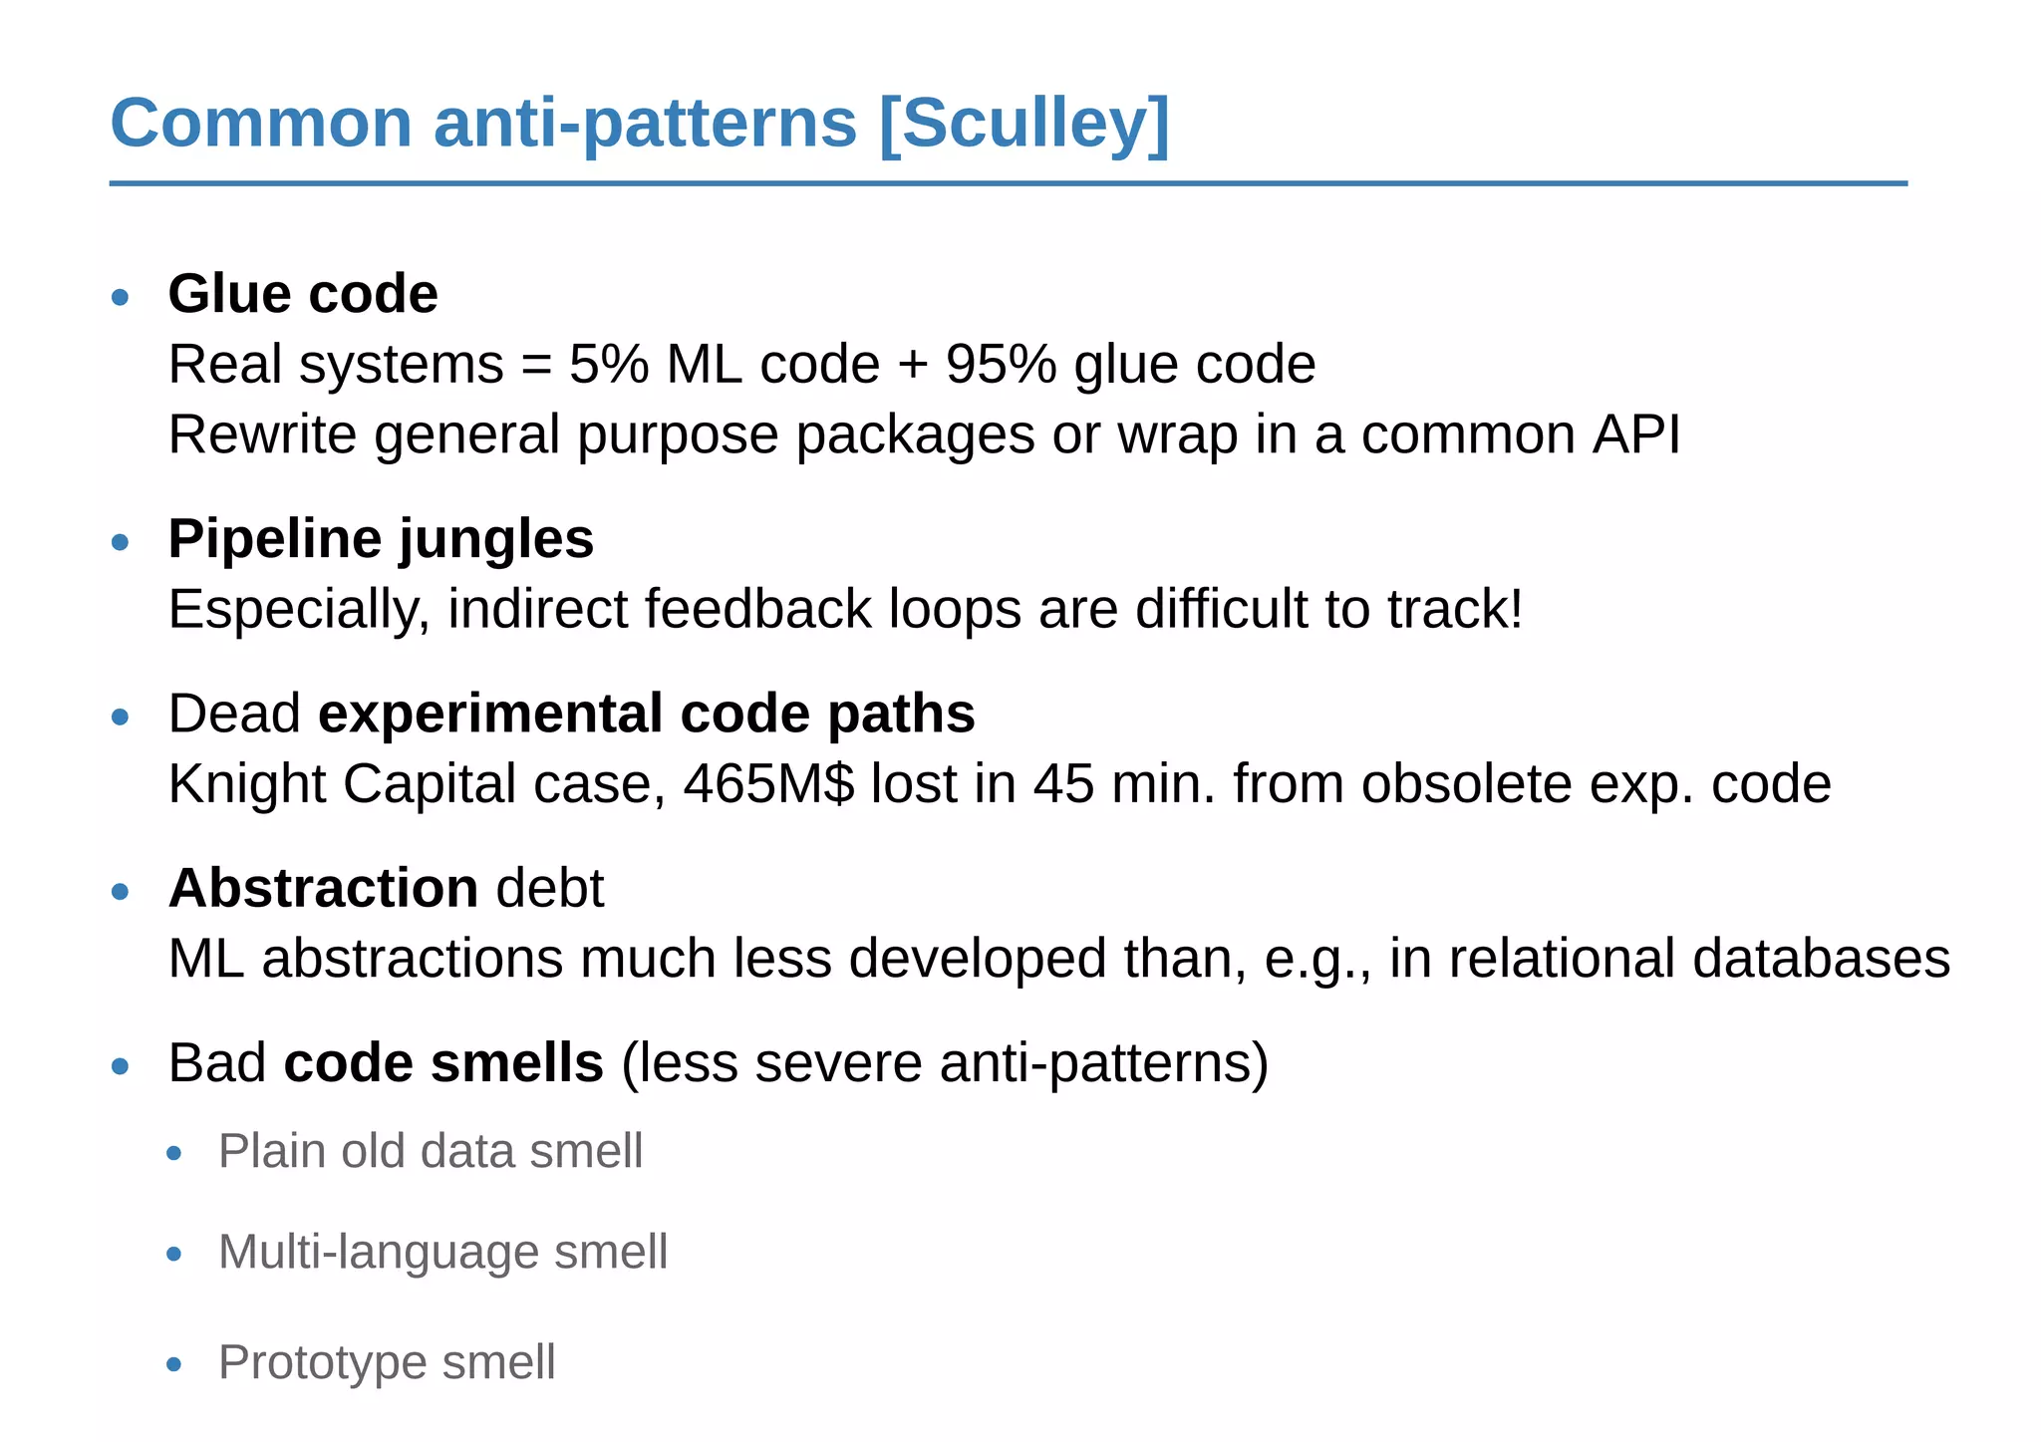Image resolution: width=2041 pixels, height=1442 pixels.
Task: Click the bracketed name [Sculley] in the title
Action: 1023,124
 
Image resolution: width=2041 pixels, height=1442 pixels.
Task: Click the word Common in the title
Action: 261,124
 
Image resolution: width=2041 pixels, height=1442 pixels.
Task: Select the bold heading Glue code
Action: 303,294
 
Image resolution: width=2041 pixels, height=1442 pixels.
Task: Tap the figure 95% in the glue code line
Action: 1001,364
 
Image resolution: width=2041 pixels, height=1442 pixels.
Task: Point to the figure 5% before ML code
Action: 608,364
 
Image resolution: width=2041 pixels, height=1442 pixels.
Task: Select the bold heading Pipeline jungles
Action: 381,539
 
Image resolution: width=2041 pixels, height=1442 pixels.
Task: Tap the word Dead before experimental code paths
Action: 234,714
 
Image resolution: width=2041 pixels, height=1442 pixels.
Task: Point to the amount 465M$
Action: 768,783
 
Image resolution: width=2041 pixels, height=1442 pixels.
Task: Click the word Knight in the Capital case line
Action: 247,783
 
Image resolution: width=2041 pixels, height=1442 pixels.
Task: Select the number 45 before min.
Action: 1063,783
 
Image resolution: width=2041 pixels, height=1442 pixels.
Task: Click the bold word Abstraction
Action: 323,888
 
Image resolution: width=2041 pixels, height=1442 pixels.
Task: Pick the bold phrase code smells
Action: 443,1062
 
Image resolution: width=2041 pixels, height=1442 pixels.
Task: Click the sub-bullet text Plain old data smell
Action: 431,1151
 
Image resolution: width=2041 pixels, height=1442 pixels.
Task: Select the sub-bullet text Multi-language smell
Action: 442,1252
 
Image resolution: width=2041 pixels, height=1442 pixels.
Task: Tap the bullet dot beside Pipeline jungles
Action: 121,542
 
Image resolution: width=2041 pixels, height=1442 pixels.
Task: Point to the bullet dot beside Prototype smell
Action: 174,1364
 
